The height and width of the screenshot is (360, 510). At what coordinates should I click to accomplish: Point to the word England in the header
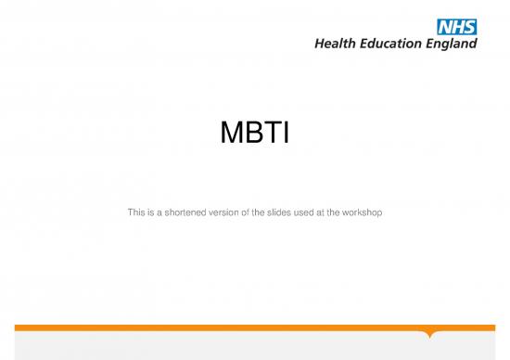[x=453, y=43]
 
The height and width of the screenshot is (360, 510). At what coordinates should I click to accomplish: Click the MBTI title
[x=255, y=138]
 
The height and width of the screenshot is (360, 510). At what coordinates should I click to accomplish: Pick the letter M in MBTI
[x=231, y=138]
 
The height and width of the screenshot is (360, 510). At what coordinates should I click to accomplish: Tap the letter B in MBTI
[x=253, y=138]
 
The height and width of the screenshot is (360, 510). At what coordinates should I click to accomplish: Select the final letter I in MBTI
[x=287, y=138]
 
